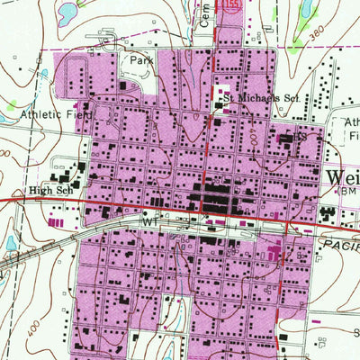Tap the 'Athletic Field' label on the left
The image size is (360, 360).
tap(52, 114)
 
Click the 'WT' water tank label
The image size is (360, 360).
tap(148, 219)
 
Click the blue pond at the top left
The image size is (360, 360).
tap(66, 13)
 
